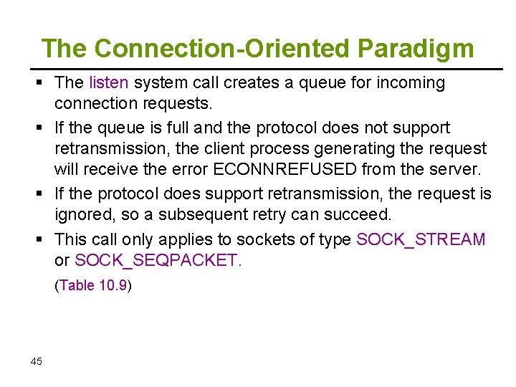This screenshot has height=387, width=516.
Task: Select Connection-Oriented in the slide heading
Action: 222,49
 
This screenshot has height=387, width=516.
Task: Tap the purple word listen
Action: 108,83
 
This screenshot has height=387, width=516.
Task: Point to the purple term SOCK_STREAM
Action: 421,239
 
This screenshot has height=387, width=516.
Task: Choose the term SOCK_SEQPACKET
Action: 158,260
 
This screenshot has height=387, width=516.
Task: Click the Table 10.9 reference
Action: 93,285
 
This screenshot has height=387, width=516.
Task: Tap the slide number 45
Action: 37,361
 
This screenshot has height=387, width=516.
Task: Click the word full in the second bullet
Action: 162,128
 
